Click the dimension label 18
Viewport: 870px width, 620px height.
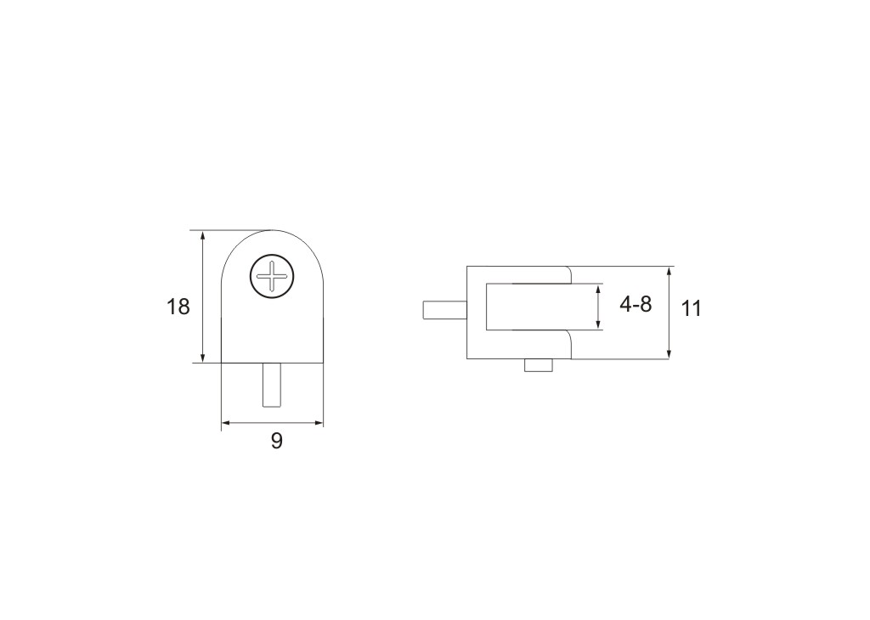(178, 306)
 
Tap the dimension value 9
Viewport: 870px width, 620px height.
(276, 441)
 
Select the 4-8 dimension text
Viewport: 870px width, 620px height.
(636, 304)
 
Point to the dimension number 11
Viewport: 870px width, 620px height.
(691, 308)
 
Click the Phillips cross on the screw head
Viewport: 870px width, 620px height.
(271, 275)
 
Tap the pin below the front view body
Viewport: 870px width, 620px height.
(271, 385)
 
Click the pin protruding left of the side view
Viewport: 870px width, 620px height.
(444, 310)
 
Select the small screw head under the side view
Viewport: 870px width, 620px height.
(539, 365)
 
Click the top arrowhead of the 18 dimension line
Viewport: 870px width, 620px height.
(203, 236)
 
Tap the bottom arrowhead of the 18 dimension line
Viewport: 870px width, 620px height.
(203, 357)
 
